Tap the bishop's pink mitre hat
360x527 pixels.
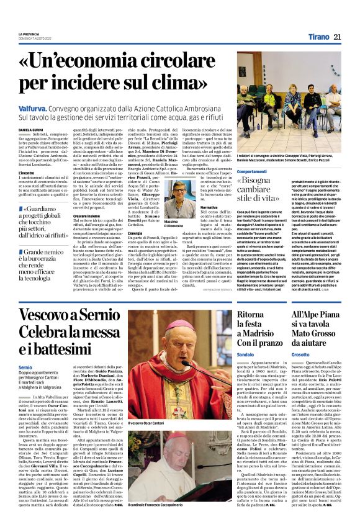tap(179, 325)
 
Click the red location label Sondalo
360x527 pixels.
tap(246, 371)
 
